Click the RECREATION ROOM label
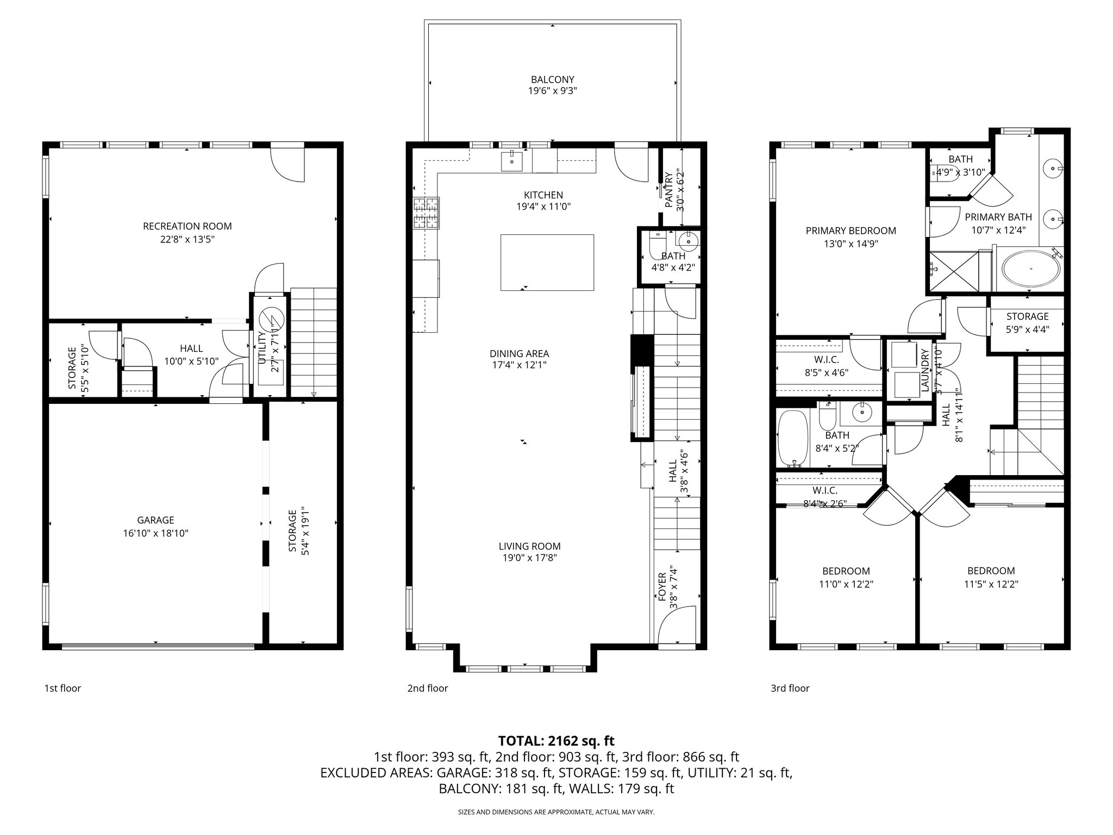point(187,226)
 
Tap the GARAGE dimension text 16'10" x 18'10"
point(155,533)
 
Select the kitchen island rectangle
point(547,263)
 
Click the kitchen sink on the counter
point(512,161)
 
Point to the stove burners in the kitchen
point(427,213)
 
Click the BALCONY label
point(552,80)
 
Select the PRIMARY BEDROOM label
point(851,230)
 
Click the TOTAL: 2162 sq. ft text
point(556,740)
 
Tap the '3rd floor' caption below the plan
point(790,688)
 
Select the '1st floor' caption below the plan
point(62,688)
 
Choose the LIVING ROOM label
point(529,546)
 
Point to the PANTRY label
point(668,190)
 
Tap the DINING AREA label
point(519,354)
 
